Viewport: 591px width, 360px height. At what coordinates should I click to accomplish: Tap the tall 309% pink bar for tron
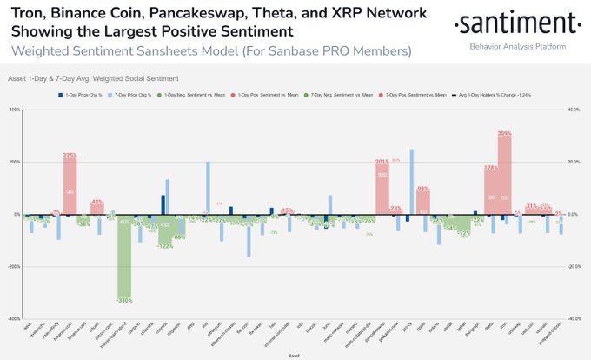click(x=504, y=174)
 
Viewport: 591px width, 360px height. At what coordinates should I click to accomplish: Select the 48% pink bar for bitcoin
click(x=97, y=209)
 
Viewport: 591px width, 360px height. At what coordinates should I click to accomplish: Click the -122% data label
click(x=165, y=246)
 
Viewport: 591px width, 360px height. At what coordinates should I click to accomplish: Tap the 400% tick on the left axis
click(x=15, y=110)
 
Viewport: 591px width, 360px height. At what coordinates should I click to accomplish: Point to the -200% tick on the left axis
click(x=14, y=267)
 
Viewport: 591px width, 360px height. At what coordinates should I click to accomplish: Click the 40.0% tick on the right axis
click(x=573, y=110)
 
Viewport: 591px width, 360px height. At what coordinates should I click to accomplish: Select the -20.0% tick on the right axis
click(x=573, y=267)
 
